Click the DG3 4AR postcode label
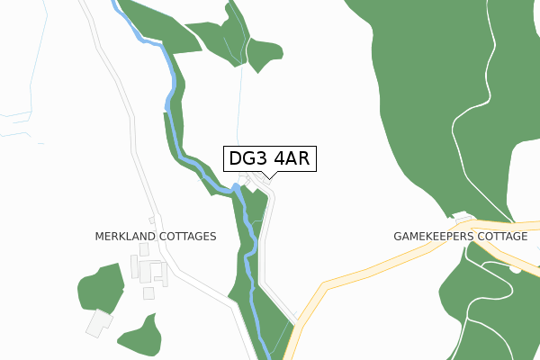(270, 159)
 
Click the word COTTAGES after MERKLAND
(185, 237)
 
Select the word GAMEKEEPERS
(435, 237)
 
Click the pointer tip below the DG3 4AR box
(269, 177)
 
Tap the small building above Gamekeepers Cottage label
(463, 218)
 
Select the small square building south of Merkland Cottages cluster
(148, 293)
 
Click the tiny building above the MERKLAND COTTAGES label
(153, 220)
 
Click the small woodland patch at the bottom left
(139, 334)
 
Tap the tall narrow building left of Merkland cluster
(135, 267)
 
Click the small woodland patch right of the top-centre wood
(266, 53)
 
